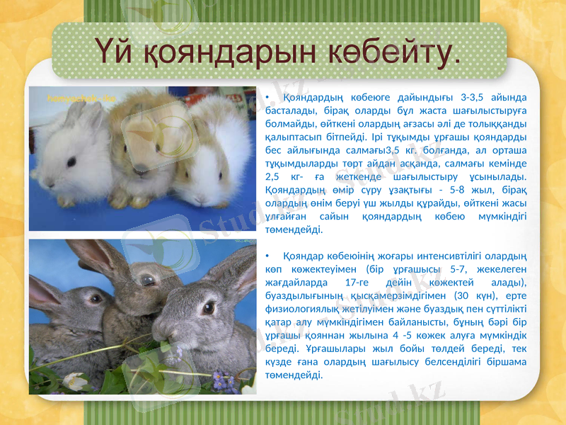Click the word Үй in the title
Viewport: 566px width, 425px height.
[112, 51]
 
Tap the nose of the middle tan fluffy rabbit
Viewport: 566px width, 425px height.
[142, 170]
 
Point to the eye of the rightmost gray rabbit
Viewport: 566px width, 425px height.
[209, 309]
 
